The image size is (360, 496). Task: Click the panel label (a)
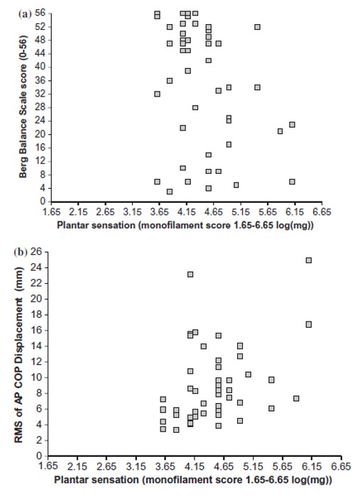click(x=25, y=14)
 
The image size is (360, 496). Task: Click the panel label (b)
click(x=21, y=253)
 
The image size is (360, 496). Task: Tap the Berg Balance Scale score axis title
click(x=23, y=106)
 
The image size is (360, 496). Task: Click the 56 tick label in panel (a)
click(x=40, y=13)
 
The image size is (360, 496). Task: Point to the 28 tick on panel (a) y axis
click(x=40, y=108)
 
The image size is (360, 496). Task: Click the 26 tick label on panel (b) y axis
click(x=37, y=252)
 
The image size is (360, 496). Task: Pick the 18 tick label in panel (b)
click(x=37, y=315)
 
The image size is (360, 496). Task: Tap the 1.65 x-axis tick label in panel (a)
click(x=51, y=211)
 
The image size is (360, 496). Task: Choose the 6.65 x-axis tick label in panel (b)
click(x=342, y=466)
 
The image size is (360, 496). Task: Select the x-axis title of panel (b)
click(x=193, y=480)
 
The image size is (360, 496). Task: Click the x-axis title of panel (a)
click(x=185, y=225)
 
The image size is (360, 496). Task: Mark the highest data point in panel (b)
click(x=308, y=260)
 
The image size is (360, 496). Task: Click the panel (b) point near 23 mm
click(x=190, y=275)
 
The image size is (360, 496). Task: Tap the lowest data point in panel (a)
click(x=170, y=192)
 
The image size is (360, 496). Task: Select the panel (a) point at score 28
click(x=195, y=108)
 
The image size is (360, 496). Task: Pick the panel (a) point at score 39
click(x=187, y=71)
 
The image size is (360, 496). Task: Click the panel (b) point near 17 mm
click(x=308, y=324)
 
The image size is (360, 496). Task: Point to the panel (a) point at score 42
click(x=208, y=60)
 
